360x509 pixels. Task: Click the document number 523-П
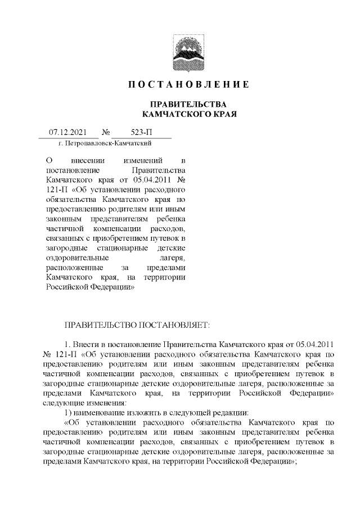pyautogui.click(x=141, y=133)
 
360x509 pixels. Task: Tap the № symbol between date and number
pyautogui.click(x=105, y=133)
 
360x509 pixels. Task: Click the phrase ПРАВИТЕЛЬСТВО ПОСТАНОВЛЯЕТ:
pyautogui.click(x=137, y=325)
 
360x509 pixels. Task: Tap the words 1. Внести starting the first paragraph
pyautogui.click(x=83, y=344)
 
